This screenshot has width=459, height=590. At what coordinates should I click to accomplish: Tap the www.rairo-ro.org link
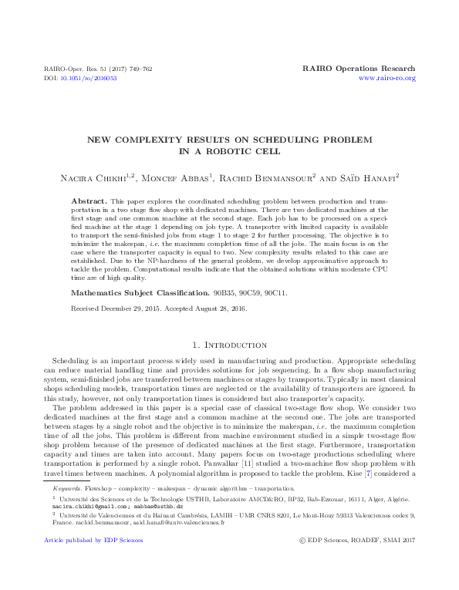[x=388, y=78]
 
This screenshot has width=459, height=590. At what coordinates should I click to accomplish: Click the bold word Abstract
[x=87, y=200]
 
